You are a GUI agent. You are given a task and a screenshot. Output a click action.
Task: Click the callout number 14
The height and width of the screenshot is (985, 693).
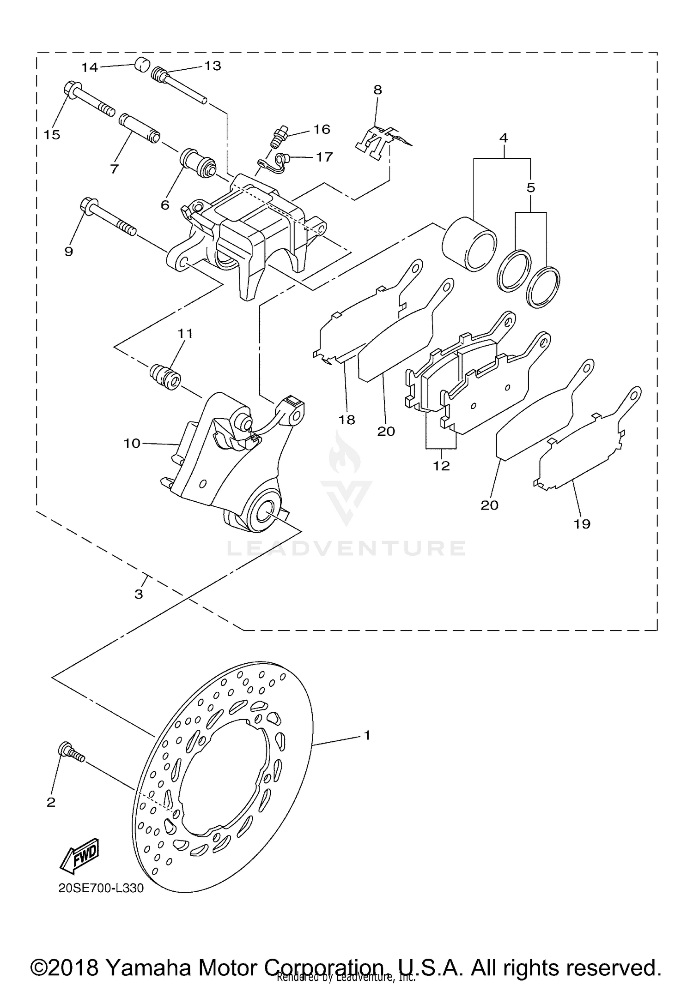pos(90,67)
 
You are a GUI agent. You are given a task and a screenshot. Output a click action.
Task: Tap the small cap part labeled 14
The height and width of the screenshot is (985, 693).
pos(143,64)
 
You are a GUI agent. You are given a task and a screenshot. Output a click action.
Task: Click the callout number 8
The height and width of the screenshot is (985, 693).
pos(378,90)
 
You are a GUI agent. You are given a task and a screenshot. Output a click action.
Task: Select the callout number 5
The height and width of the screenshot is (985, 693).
pos(531,188)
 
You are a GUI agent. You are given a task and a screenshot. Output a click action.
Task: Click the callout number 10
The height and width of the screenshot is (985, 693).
pos(132,443)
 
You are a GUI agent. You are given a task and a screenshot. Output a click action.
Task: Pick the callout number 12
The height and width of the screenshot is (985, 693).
pos(442,466)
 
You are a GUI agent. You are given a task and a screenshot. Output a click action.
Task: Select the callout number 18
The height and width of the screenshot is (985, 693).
pos(346,420)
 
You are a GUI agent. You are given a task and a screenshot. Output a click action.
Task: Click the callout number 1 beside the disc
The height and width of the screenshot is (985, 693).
pos(367,735)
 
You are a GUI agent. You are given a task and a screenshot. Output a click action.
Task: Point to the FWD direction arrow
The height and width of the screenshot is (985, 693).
pos(79,855)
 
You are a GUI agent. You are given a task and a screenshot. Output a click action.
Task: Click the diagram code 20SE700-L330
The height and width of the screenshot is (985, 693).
pos(101,888)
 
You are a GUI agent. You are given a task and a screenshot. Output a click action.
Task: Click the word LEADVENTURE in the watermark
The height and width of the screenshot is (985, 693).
pos(346,548)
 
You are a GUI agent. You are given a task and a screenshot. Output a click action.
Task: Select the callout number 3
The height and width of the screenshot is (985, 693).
pos(139,594)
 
